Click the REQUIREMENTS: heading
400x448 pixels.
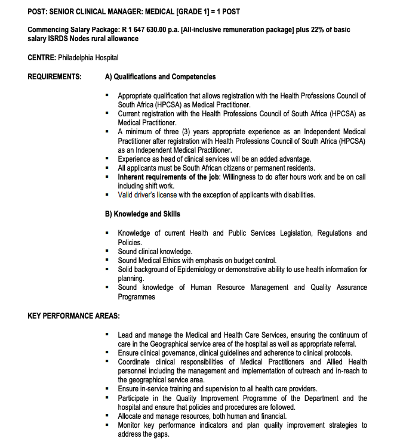(x=55, y=77)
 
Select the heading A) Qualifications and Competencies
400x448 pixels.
(x=160, y=77)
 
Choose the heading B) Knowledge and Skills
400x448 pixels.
(x=142, y=214)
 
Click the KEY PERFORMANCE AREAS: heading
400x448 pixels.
(x=73, y=316)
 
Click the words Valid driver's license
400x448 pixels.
(x=147, y=195)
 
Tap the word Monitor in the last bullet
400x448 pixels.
(x=131, y=425)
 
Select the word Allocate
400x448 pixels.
(x=131, y=416)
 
